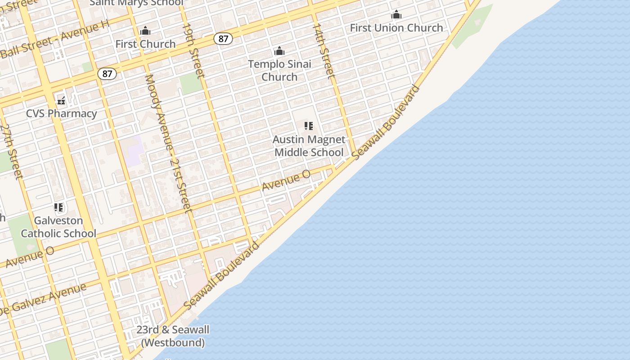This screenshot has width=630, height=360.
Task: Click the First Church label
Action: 145,44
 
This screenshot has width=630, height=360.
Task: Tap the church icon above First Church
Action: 145,31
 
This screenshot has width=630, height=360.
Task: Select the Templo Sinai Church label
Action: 279,70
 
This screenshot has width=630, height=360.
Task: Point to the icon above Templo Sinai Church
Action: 279,51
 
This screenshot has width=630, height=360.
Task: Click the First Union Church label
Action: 396,28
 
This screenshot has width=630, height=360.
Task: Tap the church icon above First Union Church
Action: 396,15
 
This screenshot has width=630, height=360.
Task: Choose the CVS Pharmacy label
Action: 61,113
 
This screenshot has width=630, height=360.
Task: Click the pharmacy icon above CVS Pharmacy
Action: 61,100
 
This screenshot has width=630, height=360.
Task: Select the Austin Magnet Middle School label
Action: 309,146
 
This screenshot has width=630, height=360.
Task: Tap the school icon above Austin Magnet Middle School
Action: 309,126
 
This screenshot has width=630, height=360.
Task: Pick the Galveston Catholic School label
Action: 58,227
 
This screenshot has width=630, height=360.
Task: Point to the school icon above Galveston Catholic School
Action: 58,207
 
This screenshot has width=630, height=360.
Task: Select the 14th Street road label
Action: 324,51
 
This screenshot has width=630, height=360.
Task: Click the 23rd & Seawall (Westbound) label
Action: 173,336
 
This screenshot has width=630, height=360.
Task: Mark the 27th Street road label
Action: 11,151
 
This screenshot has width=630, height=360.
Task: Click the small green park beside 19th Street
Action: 191,84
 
